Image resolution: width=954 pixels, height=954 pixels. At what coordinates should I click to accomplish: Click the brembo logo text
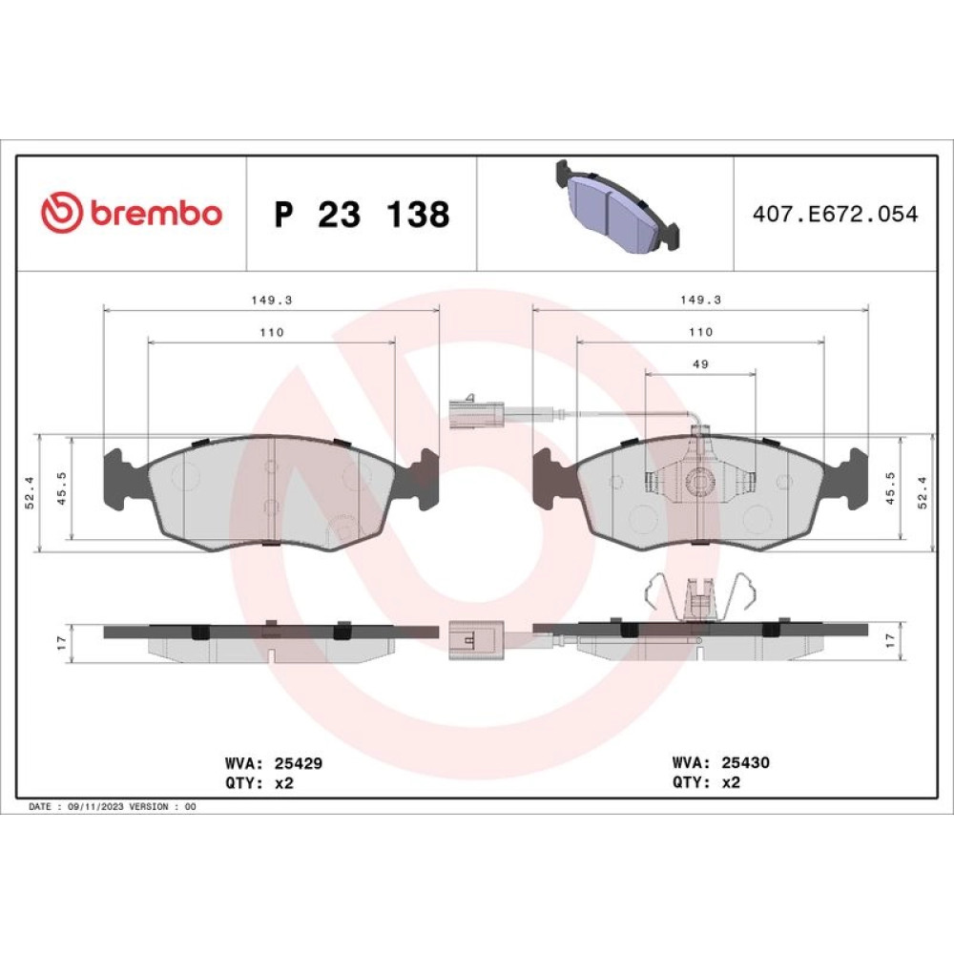tap(156, 213)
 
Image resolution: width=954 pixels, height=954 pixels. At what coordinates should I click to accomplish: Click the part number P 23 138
tap(362, 214)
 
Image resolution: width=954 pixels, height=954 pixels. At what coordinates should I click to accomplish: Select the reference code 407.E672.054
tap(835, 214)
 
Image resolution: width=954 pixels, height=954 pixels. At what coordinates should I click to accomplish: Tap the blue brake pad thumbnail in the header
tap(617, 205)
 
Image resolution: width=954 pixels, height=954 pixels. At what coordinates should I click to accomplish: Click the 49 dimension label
tap(700, 363)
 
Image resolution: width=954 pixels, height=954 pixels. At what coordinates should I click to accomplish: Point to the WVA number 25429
tap(298, 763)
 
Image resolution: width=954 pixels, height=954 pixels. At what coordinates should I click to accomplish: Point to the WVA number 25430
tap(745, 762)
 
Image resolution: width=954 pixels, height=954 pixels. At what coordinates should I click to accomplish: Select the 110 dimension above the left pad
tap(271, 332)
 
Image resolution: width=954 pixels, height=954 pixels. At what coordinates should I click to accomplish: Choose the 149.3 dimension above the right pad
tap(700, 300)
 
